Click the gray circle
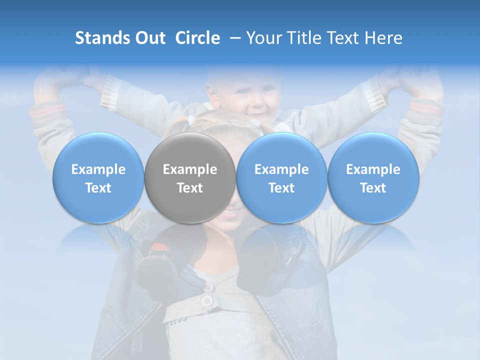pos(190,178)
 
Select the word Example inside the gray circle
pos(190,169)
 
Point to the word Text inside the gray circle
pos(190,188)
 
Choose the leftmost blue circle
pos(98,178)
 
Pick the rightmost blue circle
pos(373,178)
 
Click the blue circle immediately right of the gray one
pos(281,178)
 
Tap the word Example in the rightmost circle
pos(373,169)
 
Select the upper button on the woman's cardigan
pos(209,287)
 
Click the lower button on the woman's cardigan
pos(206,301)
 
